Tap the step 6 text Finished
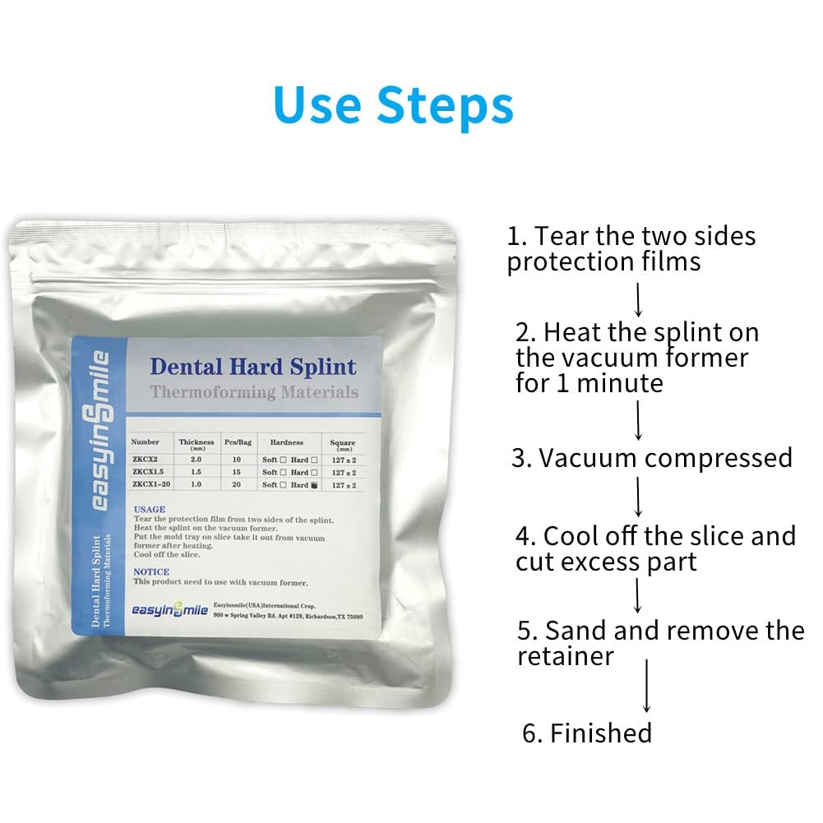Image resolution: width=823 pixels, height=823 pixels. point(600,732)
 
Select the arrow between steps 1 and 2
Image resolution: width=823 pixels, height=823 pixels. point(638,298)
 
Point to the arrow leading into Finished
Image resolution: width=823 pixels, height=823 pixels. point(647,685)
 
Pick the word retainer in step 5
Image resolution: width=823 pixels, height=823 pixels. point(566,655)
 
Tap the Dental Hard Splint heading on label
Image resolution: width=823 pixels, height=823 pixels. point(252,366)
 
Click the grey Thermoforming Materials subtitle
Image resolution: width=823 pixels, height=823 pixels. point(254,392)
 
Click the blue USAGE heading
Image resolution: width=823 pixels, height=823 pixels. point(149,509)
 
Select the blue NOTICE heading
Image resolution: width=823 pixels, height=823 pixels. point(151,571)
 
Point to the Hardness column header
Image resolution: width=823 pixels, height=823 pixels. point(289,442)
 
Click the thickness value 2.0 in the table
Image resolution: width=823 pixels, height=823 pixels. point(197,460)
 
